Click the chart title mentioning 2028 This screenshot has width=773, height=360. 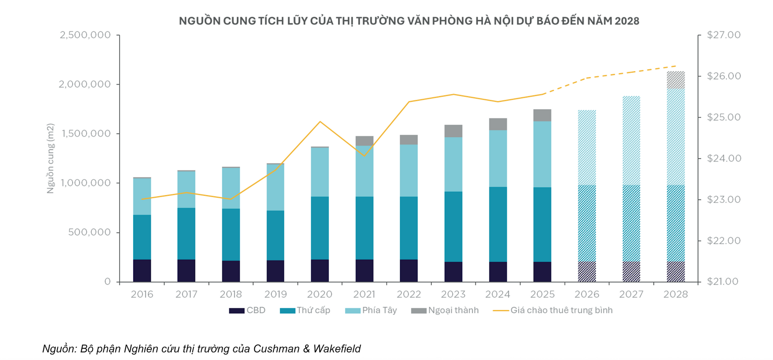(x=409, y=21)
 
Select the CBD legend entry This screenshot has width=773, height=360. (x=247, y=310)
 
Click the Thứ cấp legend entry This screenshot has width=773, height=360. (x=305, y=310)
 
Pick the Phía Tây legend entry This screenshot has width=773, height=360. (x=371, y=310)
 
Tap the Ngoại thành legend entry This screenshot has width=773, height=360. (x=445, y=310)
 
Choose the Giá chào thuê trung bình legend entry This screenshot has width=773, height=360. (x=553, y=310)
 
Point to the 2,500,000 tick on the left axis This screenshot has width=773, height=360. (x=85, y=35)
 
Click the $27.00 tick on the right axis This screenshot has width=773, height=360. (x=724, y=35)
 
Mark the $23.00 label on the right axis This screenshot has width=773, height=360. (x=724, y=200)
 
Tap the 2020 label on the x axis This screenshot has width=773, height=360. (x=320, y=294)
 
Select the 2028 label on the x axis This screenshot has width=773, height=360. (x=676, y=294)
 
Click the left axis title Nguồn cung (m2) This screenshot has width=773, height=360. (x=50, y=158)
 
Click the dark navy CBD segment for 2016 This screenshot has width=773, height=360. (x=142, y=271)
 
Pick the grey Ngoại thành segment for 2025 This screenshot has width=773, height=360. (x=542, y=115)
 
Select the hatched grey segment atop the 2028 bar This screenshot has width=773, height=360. (x=676, y=80)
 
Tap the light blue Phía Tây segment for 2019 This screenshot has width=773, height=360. (x=275, y=187)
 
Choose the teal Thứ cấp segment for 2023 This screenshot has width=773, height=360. (x=453, y=227)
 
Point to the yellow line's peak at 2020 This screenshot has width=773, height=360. (x=320, y=122)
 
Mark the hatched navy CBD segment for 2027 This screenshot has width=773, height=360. (x=631, y=271)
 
